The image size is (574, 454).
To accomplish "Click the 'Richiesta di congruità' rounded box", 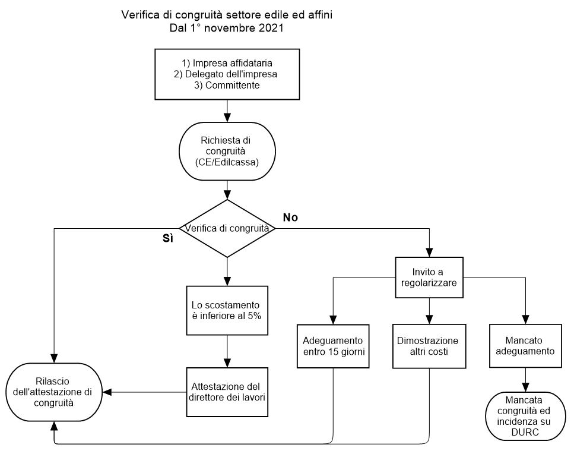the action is pyautogui.click(x=227, y=151).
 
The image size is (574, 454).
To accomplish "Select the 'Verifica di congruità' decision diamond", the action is pyautogui.click(x=227, y=228).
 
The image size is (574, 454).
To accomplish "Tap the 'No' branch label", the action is pyautogui.click(x=290, y=217).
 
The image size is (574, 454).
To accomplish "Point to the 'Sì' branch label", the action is pyautogui.click(x=168, y=238).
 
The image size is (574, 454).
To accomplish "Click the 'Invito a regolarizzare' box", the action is pyautogui.click(x=429, y=278).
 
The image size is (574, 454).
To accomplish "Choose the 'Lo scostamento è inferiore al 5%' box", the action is pyautogui.click(x=227, y=310).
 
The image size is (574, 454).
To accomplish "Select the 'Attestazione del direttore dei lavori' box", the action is pyautogui.click(x=227, y=392).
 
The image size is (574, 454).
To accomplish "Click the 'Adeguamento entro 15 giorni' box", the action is pyautogui.click(x=333, y=346).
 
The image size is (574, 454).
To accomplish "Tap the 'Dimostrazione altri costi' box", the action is pyautogui.click(x=429, y=346).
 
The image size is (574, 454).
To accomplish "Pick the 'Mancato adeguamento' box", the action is pyautogui.click(x=525, y=345).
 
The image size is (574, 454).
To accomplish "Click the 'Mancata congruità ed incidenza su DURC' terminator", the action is pyautogui.click(x=525, y=416).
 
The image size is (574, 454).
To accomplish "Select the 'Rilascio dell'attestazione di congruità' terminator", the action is pyautogui.click(x=54, y=392).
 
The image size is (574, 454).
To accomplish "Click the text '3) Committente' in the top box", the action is pyautogui.click(x=227, y=86).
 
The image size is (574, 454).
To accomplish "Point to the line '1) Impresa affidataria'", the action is pyautogui.click(x=227, y=63).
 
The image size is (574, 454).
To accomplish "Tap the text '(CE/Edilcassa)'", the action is pyautogui.click(x=227, y=162).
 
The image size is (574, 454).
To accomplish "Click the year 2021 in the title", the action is pyautogui.click(x=271, y=28).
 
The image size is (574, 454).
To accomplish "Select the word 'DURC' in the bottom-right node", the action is pyautogui.click(x=525, y=433).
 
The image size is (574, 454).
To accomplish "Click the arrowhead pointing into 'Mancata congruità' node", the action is pyautogui.click(x=526, y=387).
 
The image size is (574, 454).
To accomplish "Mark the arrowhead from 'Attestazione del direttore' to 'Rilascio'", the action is pyautogui.click(x=107, y=392).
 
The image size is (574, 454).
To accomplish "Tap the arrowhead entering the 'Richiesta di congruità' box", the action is pyautogui.click(x=227, y=118).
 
